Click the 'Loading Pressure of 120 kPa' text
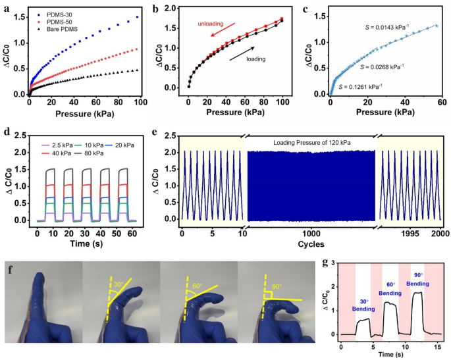[310, 141]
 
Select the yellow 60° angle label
[197, 287]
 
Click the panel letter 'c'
[304, 9]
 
